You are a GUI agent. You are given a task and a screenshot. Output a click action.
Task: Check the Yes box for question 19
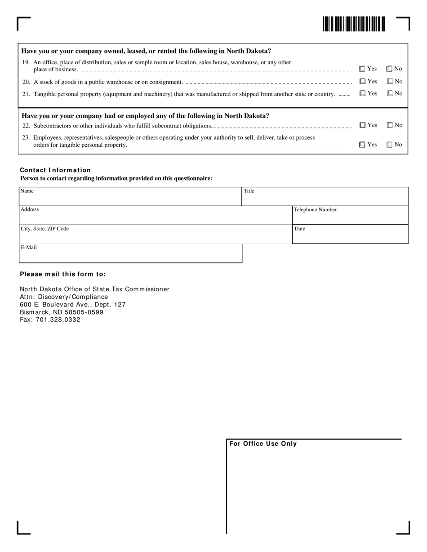click(x=362, y=69)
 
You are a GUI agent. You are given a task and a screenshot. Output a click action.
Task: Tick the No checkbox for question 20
click(x=390, y=81)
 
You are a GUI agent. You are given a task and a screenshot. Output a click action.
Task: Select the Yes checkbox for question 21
click(x=362, y=93)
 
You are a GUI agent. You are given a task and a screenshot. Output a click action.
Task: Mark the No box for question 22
click(x=390, y=125)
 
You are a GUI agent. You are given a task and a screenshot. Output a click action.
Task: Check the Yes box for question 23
click(x=362, y=145)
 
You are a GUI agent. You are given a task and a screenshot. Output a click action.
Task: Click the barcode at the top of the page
click(x=354, y=24)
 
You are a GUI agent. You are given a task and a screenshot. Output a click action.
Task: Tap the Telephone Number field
click(x=350, y=217)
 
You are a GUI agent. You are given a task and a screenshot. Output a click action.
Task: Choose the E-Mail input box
click(x=130, y=255)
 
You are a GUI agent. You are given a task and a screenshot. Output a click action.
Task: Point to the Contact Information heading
click(x=55, y=170)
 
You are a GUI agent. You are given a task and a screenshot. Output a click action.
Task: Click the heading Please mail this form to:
click(x=63, y=274)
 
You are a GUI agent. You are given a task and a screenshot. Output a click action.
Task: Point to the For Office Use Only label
click(x=263, y=444)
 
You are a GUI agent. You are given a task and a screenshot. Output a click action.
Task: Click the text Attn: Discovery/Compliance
click(x=64, y=297)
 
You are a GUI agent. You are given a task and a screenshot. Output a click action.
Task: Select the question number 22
click(x=26, y=126)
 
